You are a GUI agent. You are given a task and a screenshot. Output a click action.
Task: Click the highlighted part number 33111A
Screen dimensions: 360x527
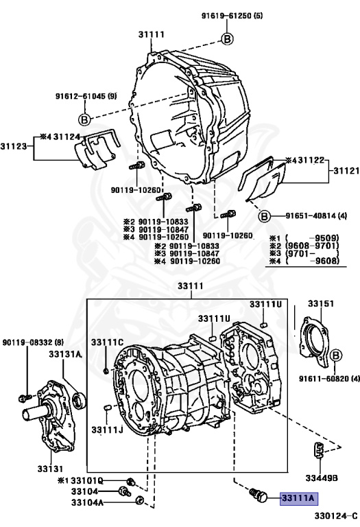(299, 498)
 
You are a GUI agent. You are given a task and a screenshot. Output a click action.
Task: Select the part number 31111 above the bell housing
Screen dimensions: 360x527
(152, 34)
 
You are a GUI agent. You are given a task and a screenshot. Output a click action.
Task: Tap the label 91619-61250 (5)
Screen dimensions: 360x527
(232, 16)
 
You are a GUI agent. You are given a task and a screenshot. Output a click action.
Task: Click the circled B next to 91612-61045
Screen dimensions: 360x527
(84, 119)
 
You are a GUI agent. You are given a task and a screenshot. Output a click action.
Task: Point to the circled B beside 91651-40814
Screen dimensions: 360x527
(264, 216)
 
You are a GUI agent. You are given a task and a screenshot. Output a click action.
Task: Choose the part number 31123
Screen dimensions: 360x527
(13, 147)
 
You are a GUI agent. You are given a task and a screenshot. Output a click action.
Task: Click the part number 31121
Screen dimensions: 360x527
(346, 171)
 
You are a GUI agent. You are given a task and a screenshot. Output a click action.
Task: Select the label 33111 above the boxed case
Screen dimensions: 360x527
(191, 286)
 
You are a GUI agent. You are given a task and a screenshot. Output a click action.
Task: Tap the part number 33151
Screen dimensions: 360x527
(321, 303)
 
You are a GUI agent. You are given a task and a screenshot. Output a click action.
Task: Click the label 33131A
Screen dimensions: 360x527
(65, 354)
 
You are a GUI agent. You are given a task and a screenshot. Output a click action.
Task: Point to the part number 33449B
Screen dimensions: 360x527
(322, 478)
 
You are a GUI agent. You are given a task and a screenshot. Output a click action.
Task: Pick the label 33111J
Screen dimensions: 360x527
(108, 430)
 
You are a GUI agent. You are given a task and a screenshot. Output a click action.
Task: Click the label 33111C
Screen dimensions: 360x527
(108, 342)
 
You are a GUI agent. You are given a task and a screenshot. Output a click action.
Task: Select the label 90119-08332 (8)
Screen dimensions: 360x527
(33, 342)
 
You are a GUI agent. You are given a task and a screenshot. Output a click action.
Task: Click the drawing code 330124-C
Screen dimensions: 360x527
(336, 515)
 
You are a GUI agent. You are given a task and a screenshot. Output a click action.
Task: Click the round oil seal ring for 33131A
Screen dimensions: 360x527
(80, 400)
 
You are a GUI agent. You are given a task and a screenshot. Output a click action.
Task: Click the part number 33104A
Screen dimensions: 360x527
(87, 502)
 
